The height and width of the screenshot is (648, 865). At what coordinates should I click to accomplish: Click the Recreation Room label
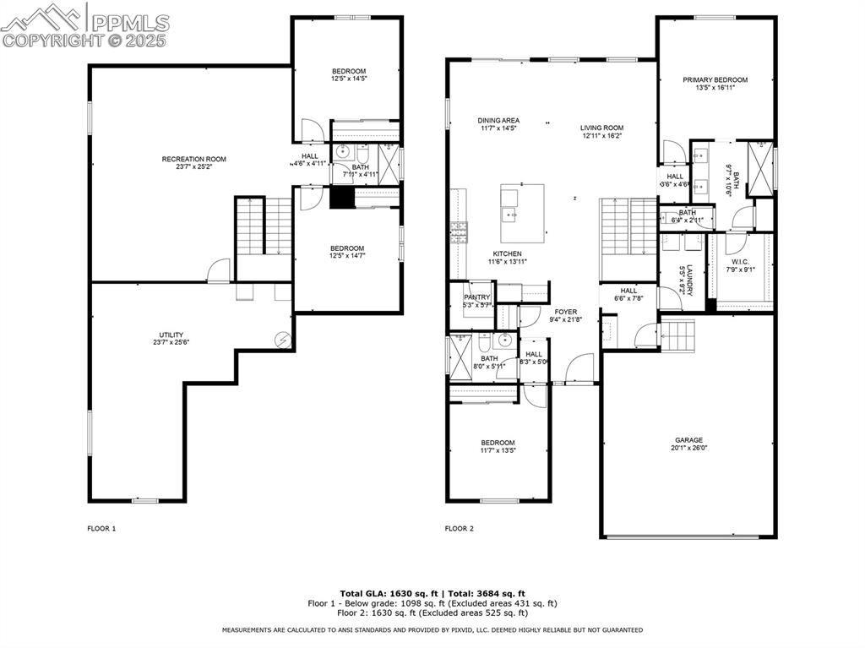click(x=193, y=159)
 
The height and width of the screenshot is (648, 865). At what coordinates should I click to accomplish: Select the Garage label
click(x=688, y=440)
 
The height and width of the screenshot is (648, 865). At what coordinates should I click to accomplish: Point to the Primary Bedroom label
click(x=715, y=80)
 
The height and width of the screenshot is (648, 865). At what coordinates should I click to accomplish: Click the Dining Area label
click(x=498, y=121)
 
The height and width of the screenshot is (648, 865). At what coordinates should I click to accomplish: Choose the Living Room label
click(x=601, y=128)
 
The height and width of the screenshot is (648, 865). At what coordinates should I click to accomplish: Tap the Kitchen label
click(x=507, y=253)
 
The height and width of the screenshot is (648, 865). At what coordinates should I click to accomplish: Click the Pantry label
click(x=477, y=297)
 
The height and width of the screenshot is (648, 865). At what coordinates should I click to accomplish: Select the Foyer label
click(x=565, y=312)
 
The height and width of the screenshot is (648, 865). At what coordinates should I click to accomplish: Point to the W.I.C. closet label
click(x=740, y=262)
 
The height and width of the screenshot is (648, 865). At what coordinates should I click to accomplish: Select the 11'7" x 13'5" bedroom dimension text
click(x=498, y=451)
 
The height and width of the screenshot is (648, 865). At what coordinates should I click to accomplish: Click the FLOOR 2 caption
click(x=460, y=529)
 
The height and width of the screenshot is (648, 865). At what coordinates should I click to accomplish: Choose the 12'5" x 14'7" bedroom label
click(x=348, y=248)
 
